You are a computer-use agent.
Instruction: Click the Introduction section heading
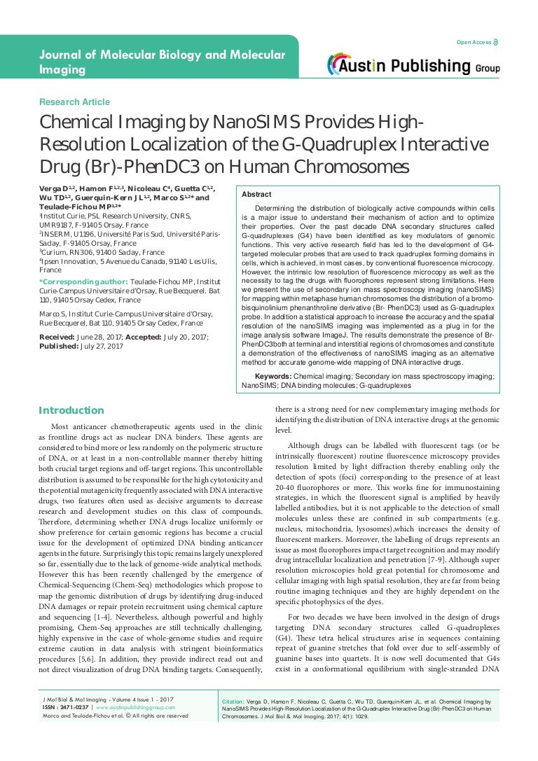(x=71, y=410)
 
